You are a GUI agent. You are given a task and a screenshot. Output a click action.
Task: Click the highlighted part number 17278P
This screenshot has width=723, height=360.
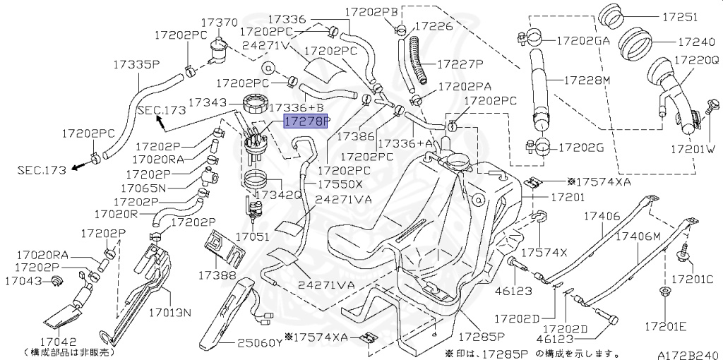[306, 121]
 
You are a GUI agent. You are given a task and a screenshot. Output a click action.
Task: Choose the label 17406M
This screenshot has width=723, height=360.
[637, 237]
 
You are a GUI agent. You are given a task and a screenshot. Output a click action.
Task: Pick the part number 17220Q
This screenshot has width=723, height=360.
[695, 61]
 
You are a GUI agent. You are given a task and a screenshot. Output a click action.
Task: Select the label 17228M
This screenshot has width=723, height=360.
[586, 80]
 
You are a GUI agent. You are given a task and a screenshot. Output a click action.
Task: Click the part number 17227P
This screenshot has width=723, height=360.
[460, 64]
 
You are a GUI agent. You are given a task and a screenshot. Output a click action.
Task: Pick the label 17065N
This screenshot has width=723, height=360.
[143, 188]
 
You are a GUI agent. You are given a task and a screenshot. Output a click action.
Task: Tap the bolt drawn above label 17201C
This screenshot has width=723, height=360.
[686, 251]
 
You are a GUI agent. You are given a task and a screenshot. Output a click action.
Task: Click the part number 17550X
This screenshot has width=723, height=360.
[340, 184]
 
